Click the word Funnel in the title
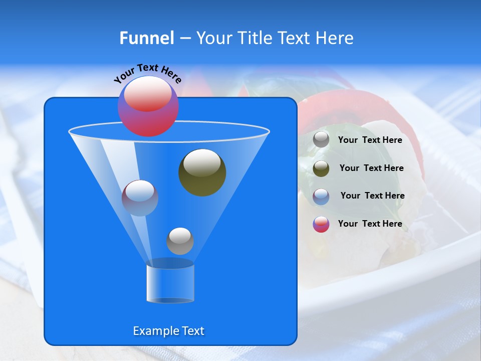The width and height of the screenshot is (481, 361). [x=146, y=38]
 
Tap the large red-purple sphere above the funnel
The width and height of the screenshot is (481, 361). [x=148, y=106]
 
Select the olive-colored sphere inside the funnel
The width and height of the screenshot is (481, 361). [x=202, y=172]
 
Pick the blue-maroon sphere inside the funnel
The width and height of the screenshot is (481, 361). [x=140, y=198]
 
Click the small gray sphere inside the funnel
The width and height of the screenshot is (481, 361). [x=180, y=241]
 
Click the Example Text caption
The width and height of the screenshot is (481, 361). [x=169, y=331]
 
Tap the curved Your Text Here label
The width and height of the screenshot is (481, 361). [x=147, y=73]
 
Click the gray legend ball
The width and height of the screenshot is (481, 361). [x=321, y=140]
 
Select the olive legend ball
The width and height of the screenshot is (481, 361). [x=321, y=168]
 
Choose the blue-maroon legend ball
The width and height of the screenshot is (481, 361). [x=321, y=196]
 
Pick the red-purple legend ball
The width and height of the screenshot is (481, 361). [x=321, y=224]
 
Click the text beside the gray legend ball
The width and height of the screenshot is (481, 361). [x=370, y=140]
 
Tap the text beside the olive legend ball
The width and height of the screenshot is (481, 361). [x=371, y=168]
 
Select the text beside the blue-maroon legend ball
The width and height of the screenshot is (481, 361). [x=372, y=196]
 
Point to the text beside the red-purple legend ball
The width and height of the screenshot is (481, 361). [x=370, y=224]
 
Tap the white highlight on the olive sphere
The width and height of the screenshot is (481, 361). [x=202, y=163]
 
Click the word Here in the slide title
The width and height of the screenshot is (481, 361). [x=335, y=38]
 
